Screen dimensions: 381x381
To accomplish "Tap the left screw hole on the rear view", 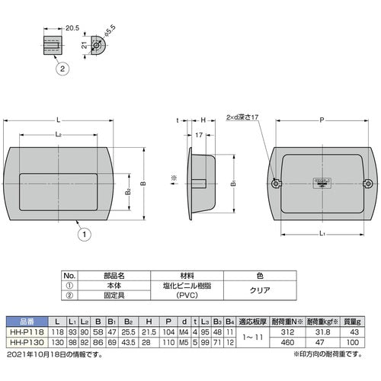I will pyautogui.click(x=276, y=183).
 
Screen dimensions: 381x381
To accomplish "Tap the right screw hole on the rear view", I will pyautogui.click(x=369, y=183).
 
